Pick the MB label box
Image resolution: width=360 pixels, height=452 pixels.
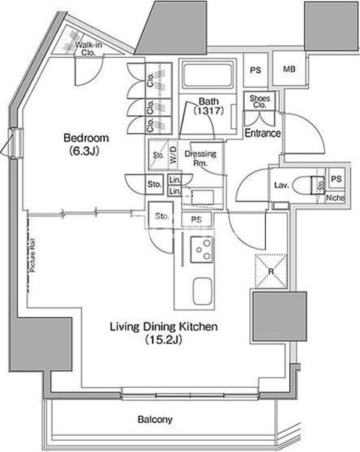pos(289,69)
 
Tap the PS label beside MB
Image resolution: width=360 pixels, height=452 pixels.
pos(256,69)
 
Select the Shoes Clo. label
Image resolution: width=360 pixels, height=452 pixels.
pos(259,101)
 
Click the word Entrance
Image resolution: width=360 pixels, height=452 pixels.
pos(263,133)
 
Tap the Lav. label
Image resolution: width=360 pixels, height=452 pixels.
pos(281,185)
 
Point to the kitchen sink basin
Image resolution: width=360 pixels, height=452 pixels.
pos(202,292)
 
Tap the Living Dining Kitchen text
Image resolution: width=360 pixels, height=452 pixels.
pos(163,327)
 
